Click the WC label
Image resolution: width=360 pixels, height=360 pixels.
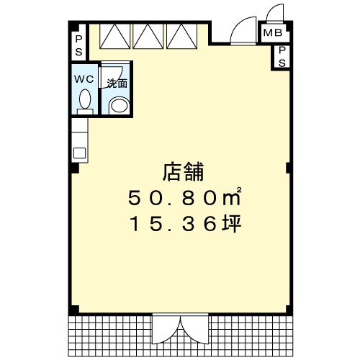click(84, 79)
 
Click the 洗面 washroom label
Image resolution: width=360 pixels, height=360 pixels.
click(117, 84)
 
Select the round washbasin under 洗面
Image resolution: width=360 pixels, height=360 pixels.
click(120, 104)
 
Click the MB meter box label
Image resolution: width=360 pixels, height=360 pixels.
click(273, 32)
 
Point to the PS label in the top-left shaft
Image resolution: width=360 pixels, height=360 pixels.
click(78, 45)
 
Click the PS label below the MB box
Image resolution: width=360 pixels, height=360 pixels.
click(282, 57)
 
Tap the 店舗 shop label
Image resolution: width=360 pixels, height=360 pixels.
click(183, 172)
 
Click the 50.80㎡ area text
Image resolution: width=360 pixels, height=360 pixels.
click(184, 197)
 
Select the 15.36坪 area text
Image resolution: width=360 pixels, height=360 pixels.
click(185, 224)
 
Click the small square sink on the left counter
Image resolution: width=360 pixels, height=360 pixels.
click(79, 153)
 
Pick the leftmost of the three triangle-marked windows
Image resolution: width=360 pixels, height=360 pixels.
click(114, 37)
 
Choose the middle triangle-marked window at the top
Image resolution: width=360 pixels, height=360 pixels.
click(148, 37)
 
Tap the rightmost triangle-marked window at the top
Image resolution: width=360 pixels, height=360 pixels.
click(181, 37)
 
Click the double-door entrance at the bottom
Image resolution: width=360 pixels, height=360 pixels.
click(181, 328)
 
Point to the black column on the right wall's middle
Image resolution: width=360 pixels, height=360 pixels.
click(289, 168)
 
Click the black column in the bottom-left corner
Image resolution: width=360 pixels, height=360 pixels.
click(74, 310)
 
